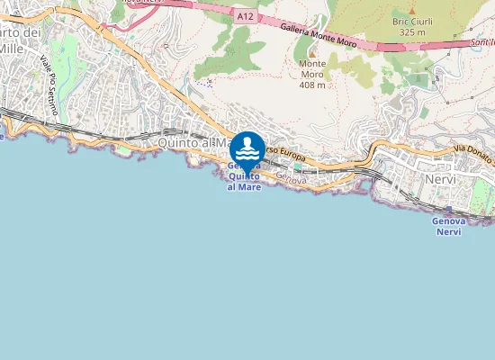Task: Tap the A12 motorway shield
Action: (x=246, y=15)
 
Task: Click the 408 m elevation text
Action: (x=312, y=85)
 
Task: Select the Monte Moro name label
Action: (x=312, y=70)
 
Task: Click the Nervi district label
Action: (x=441, y=179)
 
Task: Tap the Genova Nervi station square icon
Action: (x=448, y=209)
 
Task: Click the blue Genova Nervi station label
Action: (x=447, y=226)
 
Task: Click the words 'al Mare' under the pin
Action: (x=245, y=186)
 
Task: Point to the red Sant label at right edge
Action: (x=483, y=42)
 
